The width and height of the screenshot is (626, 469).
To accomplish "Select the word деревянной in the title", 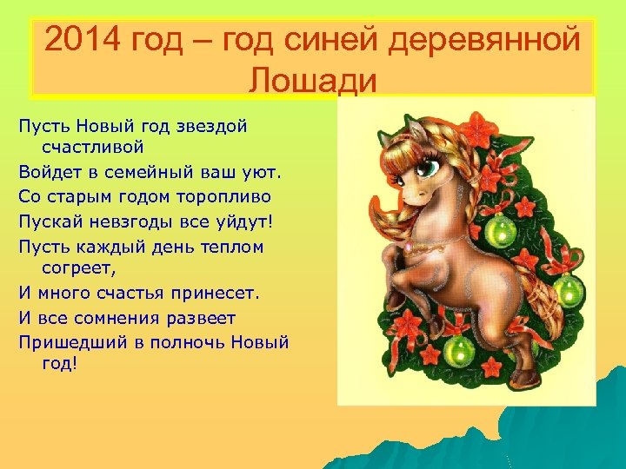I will click(489, 39).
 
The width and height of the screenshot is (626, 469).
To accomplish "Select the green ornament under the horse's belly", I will click(458, 352).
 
